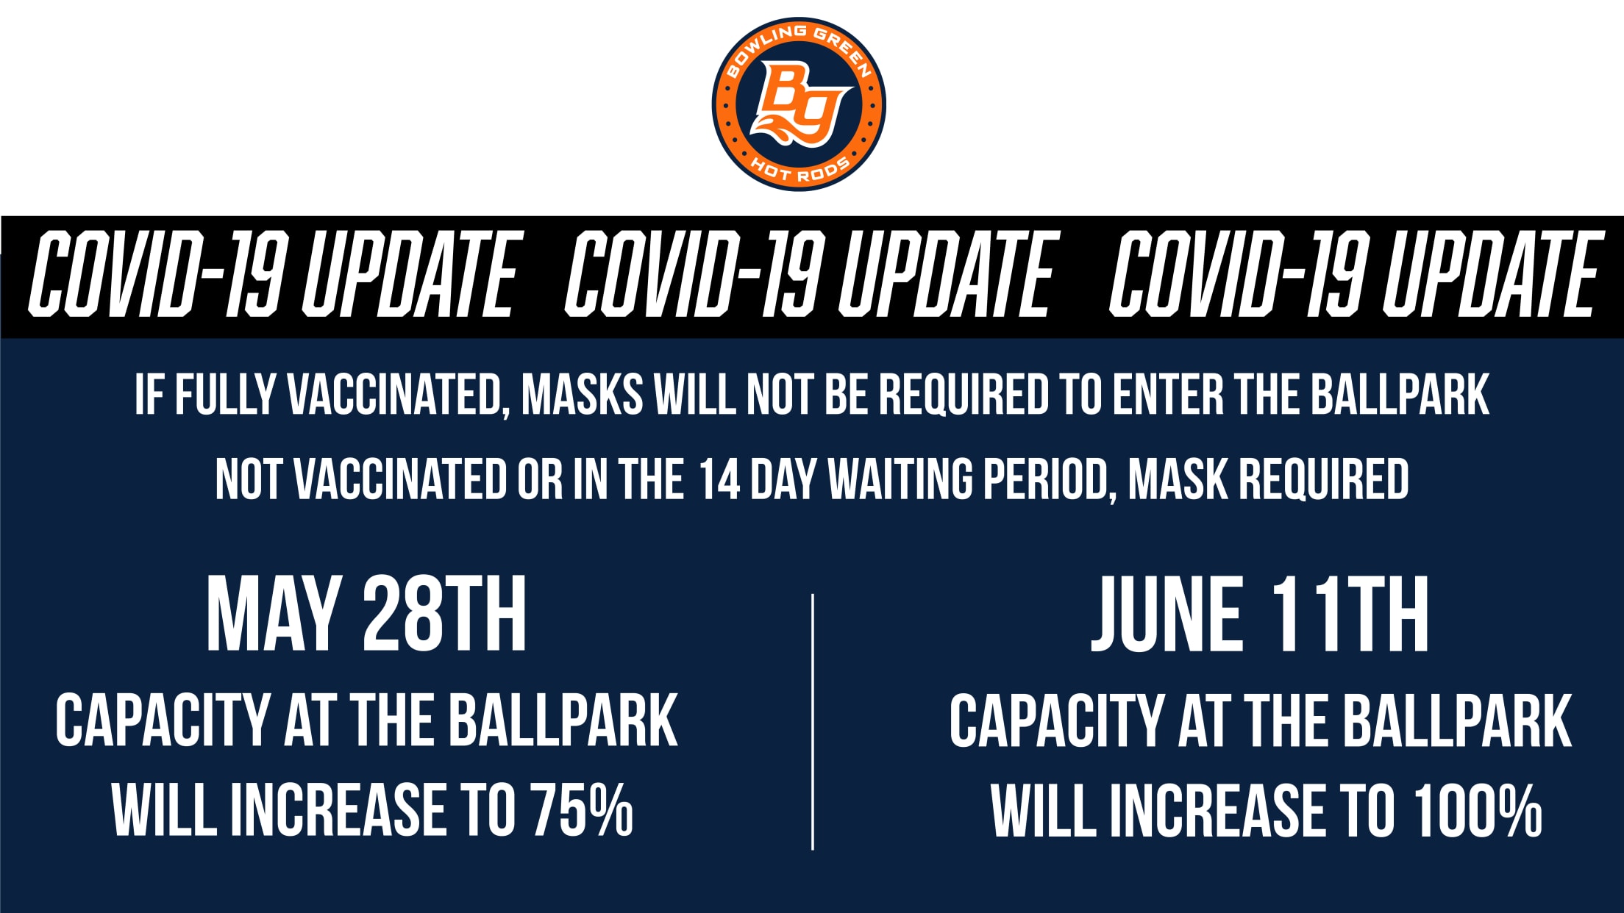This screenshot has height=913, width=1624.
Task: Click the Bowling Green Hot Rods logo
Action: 799,104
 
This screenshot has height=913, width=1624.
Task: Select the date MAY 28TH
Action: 366,615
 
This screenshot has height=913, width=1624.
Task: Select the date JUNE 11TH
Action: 1259,615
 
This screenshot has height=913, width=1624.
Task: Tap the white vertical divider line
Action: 812,722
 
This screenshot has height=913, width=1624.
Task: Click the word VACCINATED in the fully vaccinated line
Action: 394,395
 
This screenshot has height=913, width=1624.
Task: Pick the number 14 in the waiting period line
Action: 719,479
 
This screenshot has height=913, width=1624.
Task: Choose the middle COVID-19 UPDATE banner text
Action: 809,273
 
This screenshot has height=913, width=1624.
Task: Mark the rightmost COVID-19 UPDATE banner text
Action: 1354,273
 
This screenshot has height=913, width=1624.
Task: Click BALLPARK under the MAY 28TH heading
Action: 563,720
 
